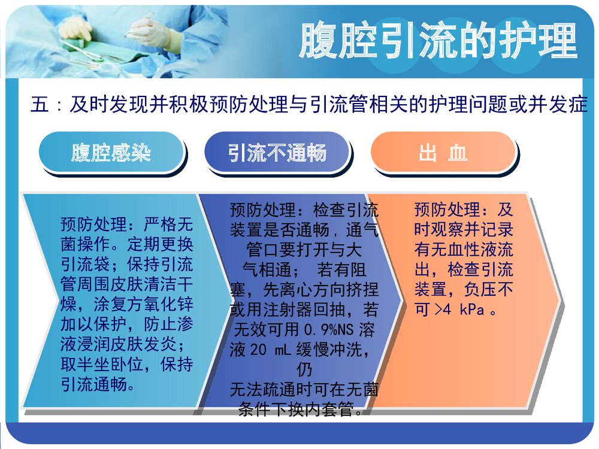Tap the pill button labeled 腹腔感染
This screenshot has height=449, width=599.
tap(111, 153)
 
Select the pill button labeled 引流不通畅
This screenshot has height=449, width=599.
tap(277, 153)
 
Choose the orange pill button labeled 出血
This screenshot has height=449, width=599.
tap(443, 153)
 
